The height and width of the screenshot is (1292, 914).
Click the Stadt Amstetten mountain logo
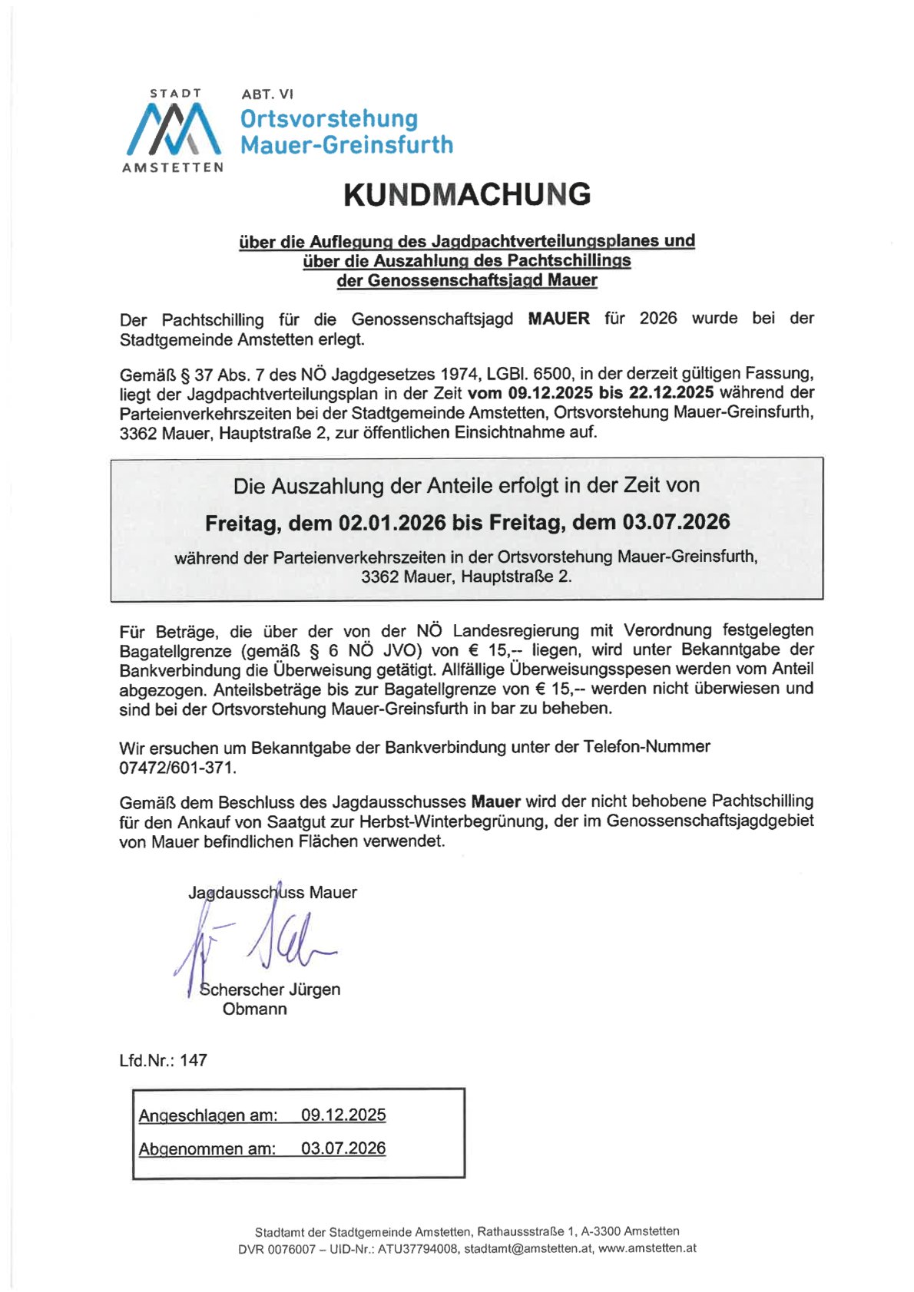[x=173, y=128]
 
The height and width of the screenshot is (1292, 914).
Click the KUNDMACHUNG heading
[x=467, y=194]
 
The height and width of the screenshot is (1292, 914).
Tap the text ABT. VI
[x=267, y=94]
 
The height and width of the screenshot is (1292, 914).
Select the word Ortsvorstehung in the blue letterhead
[x=329, y=119]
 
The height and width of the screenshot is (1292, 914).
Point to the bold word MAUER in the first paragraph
[x=558, y=319]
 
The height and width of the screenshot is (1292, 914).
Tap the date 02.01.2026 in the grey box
[x=392, y=523]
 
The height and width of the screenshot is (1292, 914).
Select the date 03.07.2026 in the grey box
[x=676, y=523]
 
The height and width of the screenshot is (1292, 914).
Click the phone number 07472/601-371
[x=177, y=767]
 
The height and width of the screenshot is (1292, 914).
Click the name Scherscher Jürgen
[x=270, y=990]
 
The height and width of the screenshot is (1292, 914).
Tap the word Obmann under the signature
[x=255, y=1009]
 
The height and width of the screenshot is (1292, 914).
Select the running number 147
[x=194, y=1060]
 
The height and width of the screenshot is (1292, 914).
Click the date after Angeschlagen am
[x=343, y=1115]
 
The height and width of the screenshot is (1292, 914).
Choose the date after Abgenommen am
[x=343, y=1148]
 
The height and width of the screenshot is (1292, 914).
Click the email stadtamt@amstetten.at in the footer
[x=528, y=1249]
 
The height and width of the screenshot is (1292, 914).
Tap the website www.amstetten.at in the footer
[x=647, y=1249]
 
